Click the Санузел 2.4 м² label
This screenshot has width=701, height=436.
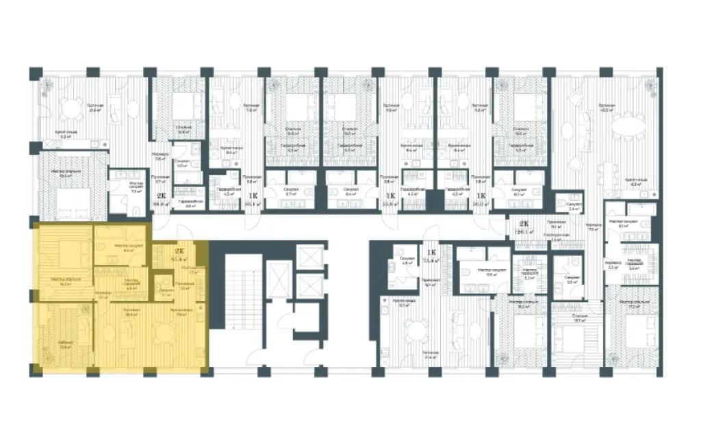point(574,205)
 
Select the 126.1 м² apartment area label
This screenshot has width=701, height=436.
point(524,231)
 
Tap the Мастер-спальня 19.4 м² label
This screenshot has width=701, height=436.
point(69,174)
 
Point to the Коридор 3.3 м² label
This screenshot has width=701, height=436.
point(613,266)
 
